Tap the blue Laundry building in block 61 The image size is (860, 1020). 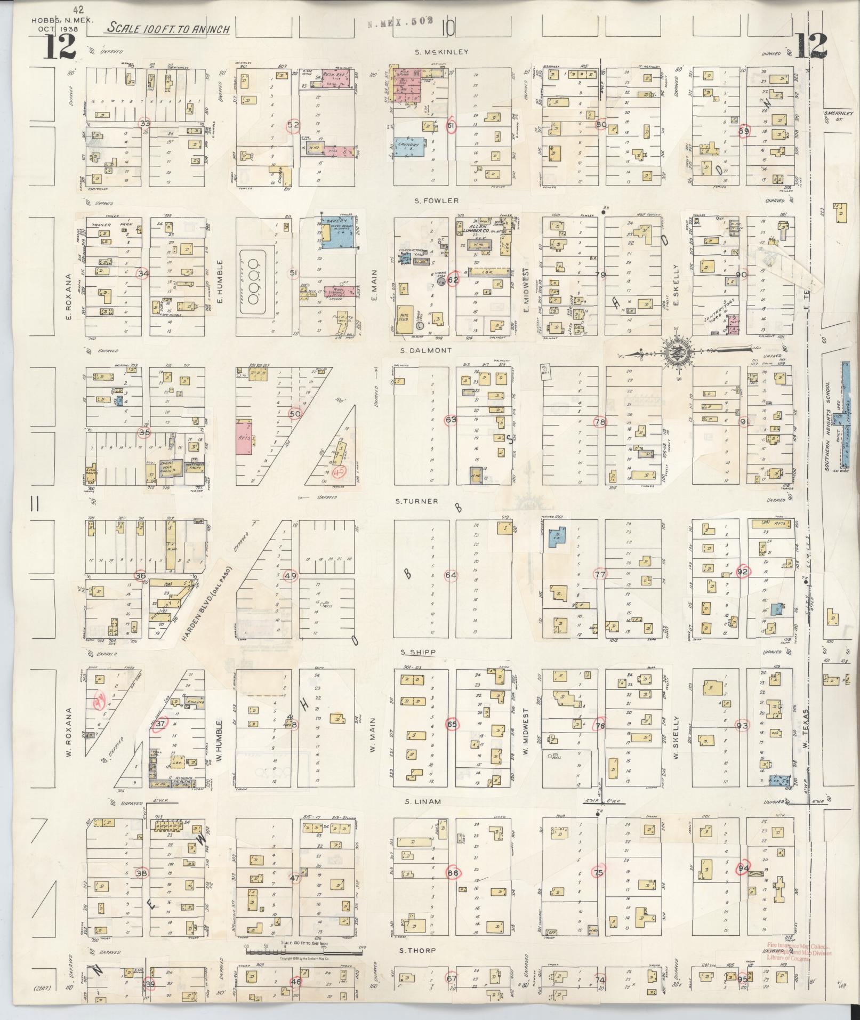(x=409, y=147)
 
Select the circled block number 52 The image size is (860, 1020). (x=293, y=125)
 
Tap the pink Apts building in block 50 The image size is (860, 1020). (x=244, y=436)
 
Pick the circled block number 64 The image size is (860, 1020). (x=451, y=575)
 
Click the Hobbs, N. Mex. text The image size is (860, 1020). (x=55, y=20)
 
